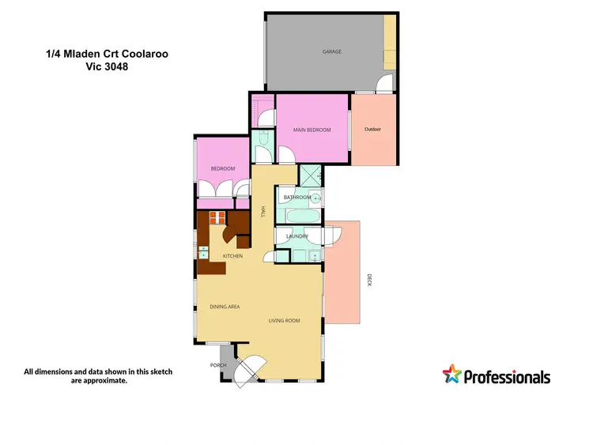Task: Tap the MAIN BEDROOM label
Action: click(x=311, y=130)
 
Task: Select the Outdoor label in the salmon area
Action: click(x=373, y=130)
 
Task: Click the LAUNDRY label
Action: click(x=296, y=236)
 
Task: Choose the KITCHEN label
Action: click(x=232, y=256)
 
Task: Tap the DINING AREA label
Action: click(x=225, y=307)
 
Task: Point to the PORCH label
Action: click(x=218, y=365)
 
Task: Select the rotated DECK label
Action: click(x=368, y=280)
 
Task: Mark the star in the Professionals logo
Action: click(x=451, y=374)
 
